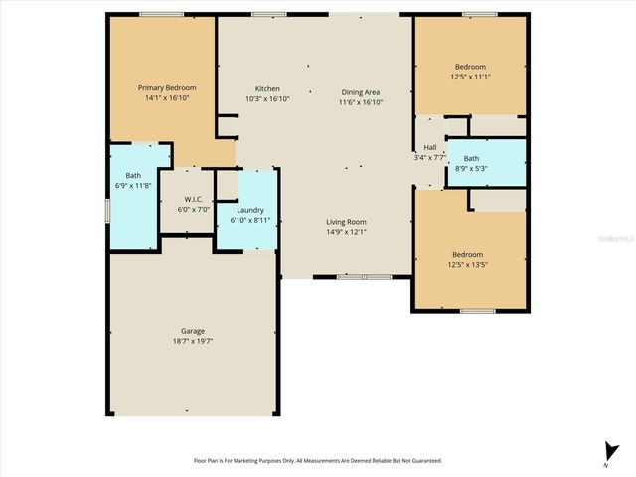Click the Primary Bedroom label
click(x=167, y=87)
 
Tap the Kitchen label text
click(x=267, y=88)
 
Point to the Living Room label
click(x=347, y=222)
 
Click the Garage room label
click(x=193, y=331)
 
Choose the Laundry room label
click(x=249, y=210)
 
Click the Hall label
click(x=430, y=148)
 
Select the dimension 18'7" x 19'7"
click(x=193, y=341)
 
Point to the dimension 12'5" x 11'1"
click(x=469, y=78)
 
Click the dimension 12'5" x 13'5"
click(x=468, y=264)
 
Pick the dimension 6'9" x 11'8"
click(x=130, y=186)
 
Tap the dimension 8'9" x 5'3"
click(x=471, y=168)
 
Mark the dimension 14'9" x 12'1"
click(x=347, y=232)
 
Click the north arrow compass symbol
click(x=606, y=450)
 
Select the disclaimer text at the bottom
click(x=317, y=461)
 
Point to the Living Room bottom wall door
click(x=351, y=277)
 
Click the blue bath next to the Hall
click(x=486, y=161)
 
